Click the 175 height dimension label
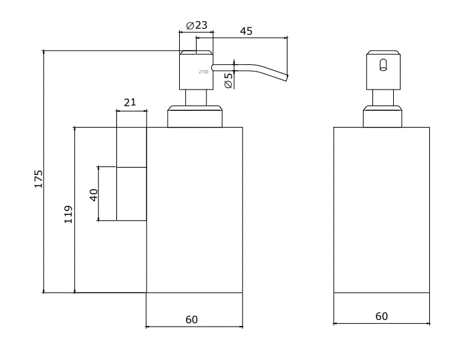(39, 178)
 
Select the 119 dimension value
(68, 214)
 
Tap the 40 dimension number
(94, 194)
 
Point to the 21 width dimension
(130, 102)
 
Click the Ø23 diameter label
(197, 25)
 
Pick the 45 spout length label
(246, 30)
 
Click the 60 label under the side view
(192, 319)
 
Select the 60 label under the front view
(381, 316)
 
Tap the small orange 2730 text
(204, 71)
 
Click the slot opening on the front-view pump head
(382, 65)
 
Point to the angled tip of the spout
(286, 76)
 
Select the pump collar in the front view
(382, 116)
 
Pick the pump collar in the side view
(195, 116)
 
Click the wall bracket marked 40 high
(132, 194)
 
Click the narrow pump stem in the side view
(195, 96)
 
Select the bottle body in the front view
(381, 210)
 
